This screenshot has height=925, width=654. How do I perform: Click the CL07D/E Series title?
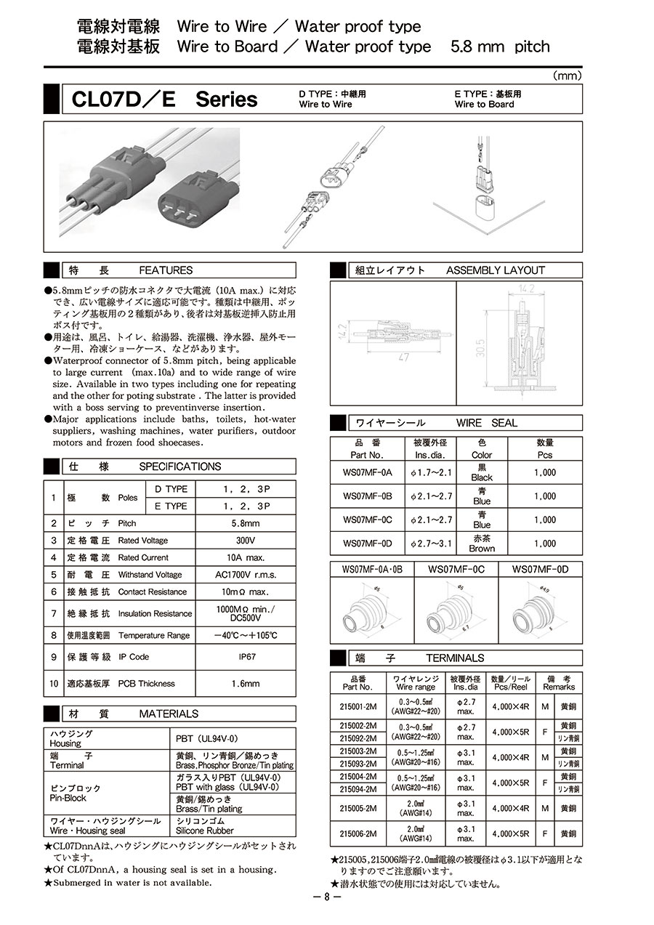(x=164, y=100)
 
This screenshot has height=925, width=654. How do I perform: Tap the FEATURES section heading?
(x=166, y=270)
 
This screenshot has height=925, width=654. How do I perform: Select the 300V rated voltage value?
(x=245, y=541)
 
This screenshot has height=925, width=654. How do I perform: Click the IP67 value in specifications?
(x=245, y=657)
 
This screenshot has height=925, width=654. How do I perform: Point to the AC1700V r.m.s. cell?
(x=245, y=575)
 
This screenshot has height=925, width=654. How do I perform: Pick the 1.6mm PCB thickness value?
(x=245, y=684)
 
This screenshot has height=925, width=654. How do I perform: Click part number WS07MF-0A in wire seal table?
(x=367, y=472)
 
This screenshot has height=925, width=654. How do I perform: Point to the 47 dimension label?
(x=403, y=358)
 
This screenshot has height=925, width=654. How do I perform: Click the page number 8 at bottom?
(x=327, y=897)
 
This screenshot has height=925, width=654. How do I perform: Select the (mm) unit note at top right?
(x=567, y=76)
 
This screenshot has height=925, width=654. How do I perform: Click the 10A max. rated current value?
(x=245, y=558)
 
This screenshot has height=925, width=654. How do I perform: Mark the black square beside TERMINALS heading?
(x=339, y=658)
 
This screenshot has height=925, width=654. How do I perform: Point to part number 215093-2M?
(x=358, y=764)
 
